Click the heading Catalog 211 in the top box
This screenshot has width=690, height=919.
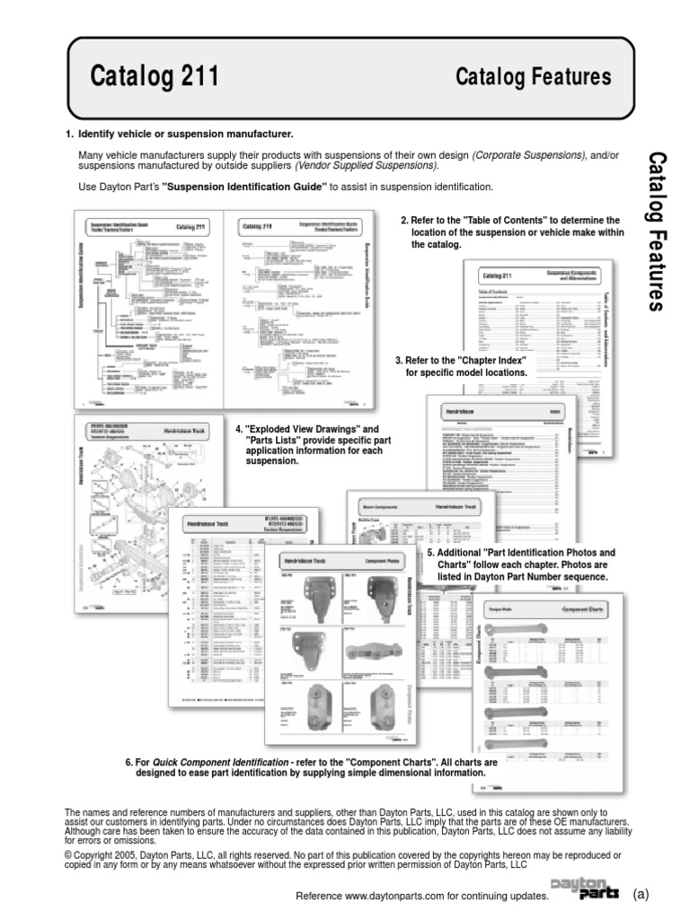(155, 78)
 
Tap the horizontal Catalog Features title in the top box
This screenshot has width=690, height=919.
(534, 78)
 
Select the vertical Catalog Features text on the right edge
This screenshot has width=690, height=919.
(657, 232)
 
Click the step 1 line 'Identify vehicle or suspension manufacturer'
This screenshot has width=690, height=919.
(185, 134)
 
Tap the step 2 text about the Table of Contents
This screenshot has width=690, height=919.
(510, 232)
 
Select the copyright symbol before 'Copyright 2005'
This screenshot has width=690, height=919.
(68, 856)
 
